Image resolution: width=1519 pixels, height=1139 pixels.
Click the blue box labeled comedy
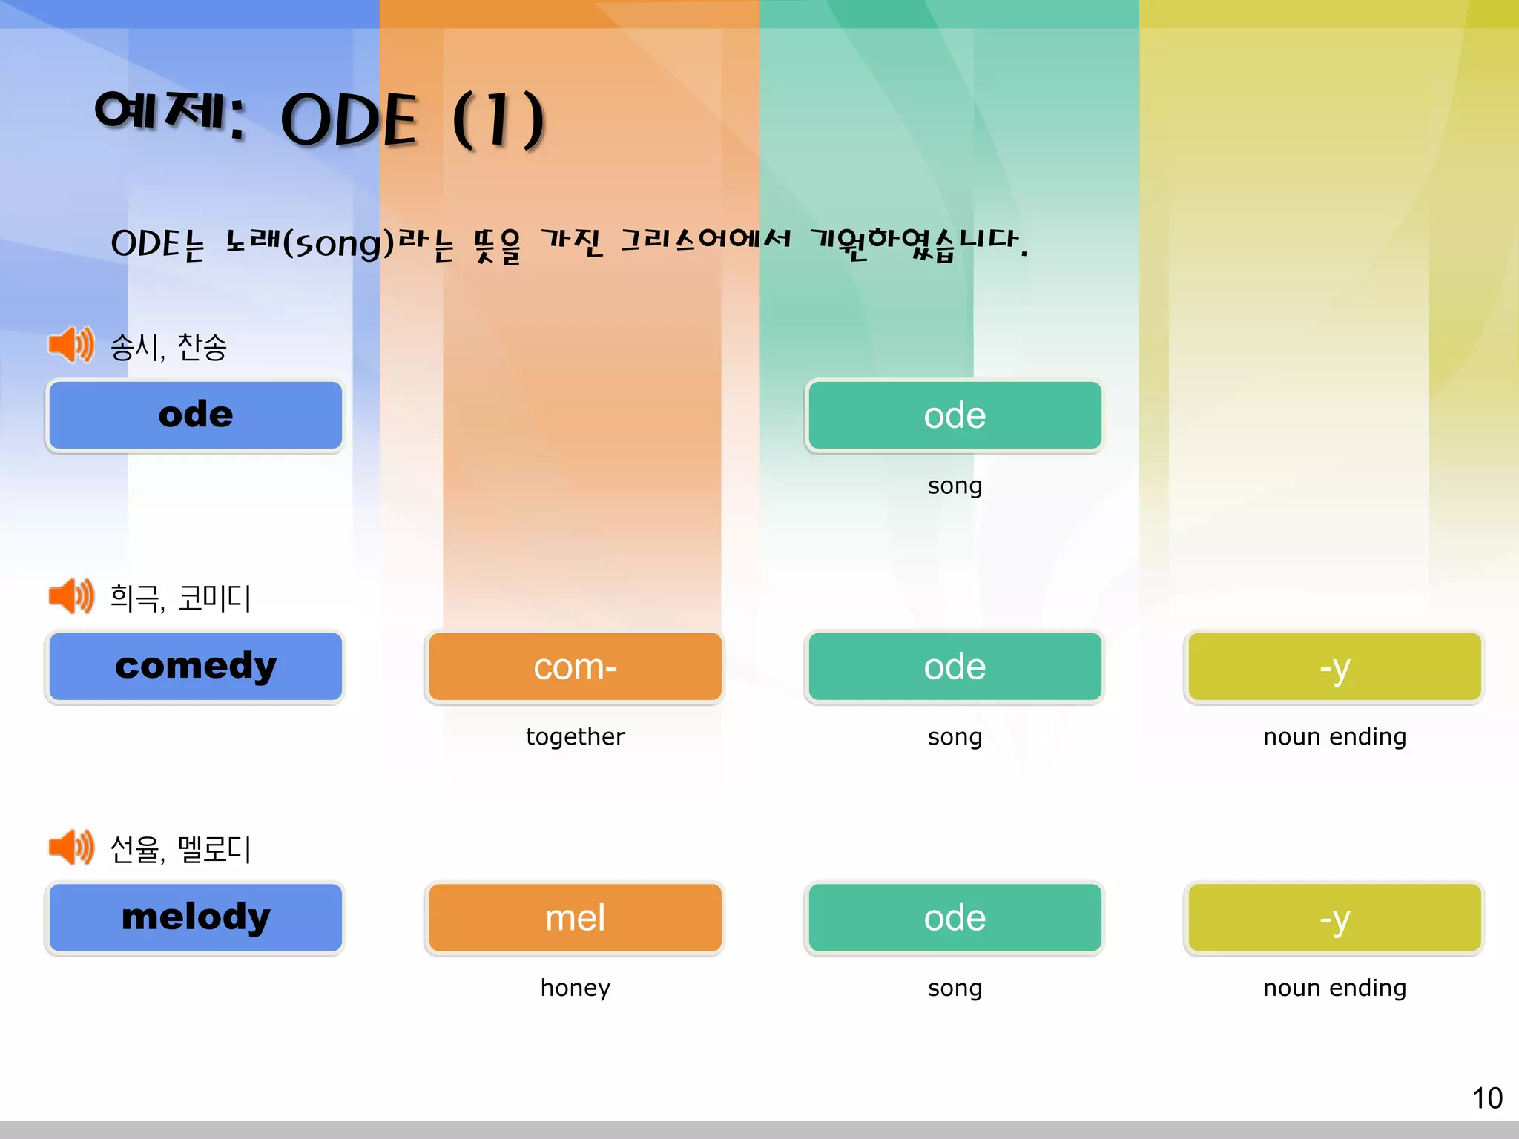pyautogui.click(x=195, y=666)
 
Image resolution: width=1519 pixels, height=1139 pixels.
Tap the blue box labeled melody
pyautogui.click(x=195, y=917)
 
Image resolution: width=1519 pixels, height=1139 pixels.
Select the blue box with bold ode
pyautogui.click(x=195, y=415)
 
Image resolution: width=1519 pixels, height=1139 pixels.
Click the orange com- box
pyautogui.click(x=575, y=666)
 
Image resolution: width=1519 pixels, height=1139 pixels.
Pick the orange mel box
pyautogui.click(x=575, y=917)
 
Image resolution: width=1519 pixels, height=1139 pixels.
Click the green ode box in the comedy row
pyautogui.click(x=955, y=666)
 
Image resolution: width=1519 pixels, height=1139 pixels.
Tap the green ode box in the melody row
pyautogui.click(x=955, y=917)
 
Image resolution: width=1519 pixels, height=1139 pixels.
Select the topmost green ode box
pyautogui.click(x=955, y=415)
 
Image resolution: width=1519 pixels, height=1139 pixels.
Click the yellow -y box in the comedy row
pyautogui.click(x=1334, y=666)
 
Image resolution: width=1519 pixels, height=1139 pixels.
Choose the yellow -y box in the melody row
pyautogui.click(x=1334, y=917)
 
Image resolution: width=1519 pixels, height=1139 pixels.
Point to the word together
pyautogui.click(x=575, y=736)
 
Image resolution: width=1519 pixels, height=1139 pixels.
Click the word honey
pyautogui.click(x=575, y=988)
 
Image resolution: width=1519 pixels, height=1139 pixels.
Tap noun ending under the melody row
pyautogui.click(x=1334, y=988)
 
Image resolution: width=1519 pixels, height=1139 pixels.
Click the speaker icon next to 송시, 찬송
pyautogui.click(x=70, y=345)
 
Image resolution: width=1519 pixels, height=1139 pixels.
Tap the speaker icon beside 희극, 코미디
pyautogui.click(x=70, y=596)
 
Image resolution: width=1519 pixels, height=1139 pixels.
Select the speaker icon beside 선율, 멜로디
pyautogui.click(x=70, y=848)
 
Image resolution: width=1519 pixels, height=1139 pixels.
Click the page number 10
pyautogui.click(x=1486, y=1098)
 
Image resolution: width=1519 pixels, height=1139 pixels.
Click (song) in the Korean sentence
pyautogui.click(x=338, y=243)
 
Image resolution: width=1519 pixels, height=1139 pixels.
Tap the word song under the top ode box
pyautogui.click(x=955, y=486)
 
